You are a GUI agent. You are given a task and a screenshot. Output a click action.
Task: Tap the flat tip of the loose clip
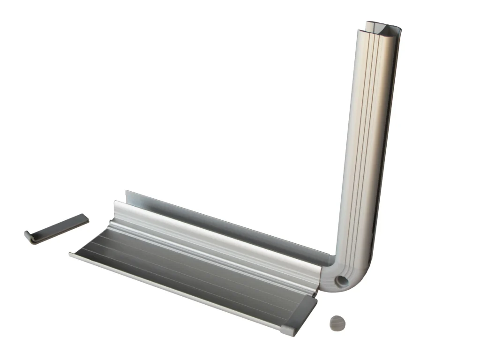pos(84,218)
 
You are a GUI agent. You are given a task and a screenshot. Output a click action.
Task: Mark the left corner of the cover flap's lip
pos(71,255)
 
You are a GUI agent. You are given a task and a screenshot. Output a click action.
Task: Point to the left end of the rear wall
pos(127,195)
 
